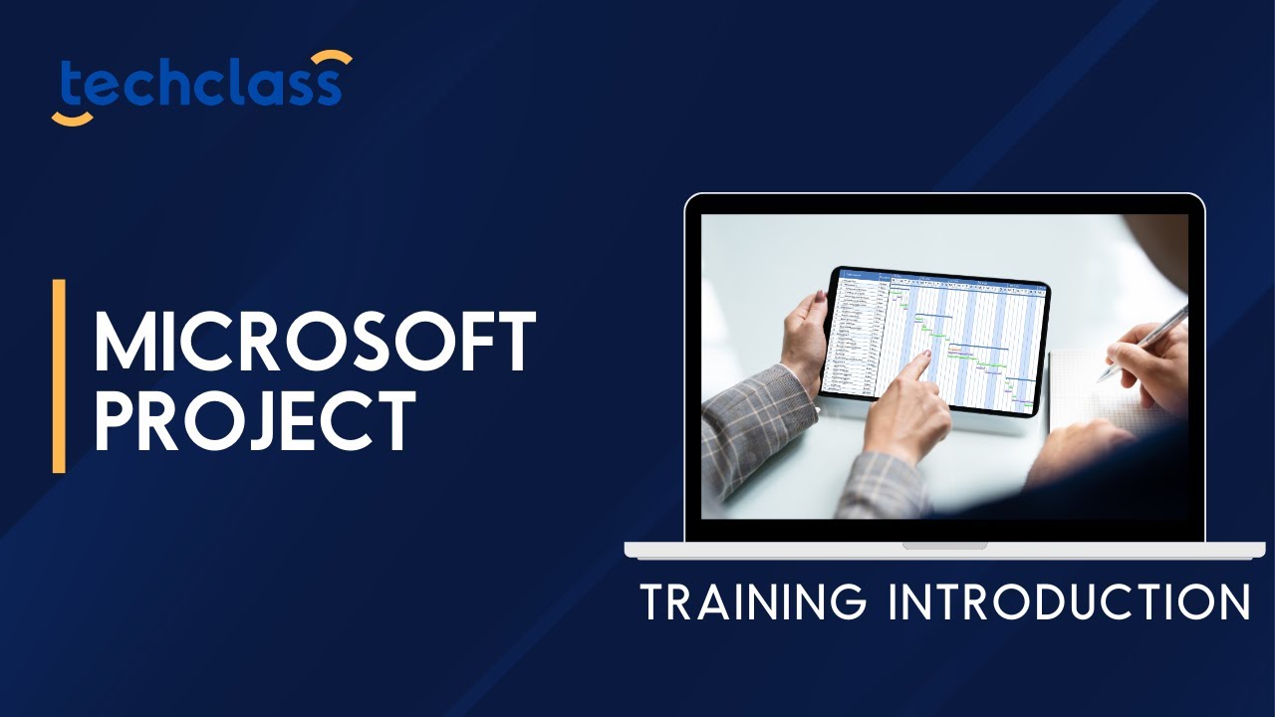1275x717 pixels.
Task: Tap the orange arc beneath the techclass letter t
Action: (72, 119)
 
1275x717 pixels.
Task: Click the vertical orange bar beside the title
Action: (59, 375)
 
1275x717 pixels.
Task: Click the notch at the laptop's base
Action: (944, 546)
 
